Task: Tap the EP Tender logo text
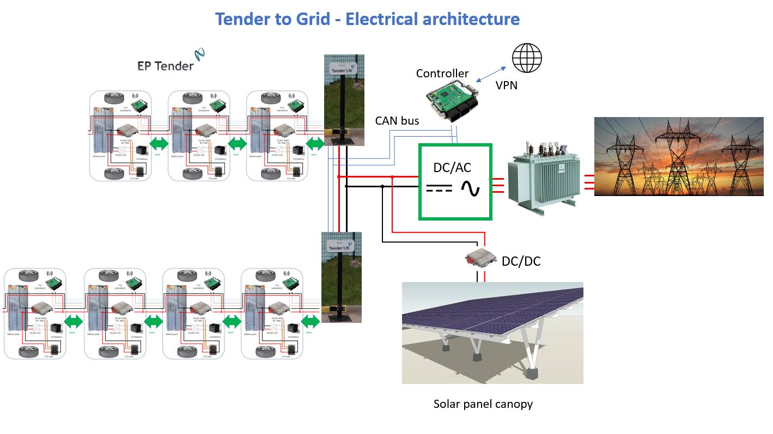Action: pos(166,65)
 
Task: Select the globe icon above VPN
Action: pos(527,57)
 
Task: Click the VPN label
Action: pos(507,85)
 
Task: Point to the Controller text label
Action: pos(442,74)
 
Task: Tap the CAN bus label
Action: pos(397,121)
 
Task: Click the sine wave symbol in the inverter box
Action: pos(470,188)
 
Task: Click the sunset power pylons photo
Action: pos(678,156)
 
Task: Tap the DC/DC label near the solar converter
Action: pos(521,261)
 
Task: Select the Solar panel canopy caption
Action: pos(483,404)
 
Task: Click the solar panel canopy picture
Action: pos(492,332)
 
